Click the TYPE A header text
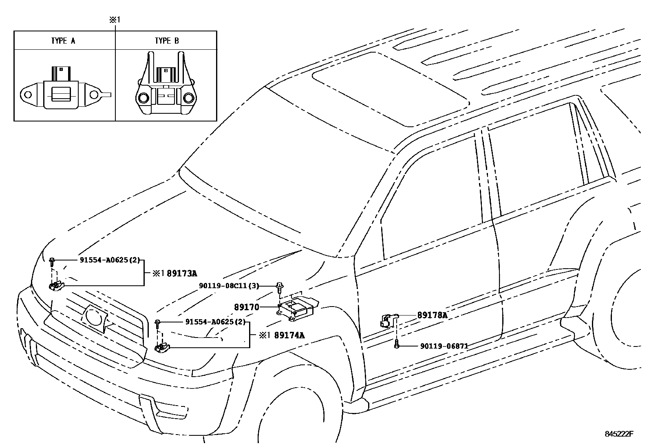pyautogui.click(x=63, y=41)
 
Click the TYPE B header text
pyautogui.click(x=166, y=41)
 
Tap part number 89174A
pyautogui.click(x=289, y=335)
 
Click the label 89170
pyautogui.click(x=246, y=307)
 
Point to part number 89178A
pyautogui.click(x=432, y=315)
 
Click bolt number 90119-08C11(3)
pyautogui.click(x=229, y=286)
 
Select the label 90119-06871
pyautogui.click(x=444, y=346)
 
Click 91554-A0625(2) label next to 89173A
pyautogui.click(x=110, y=260)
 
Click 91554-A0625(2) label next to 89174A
pyautogui.click(x=216, y=322)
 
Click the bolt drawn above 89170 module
pyautogui.click(x=280, y=287)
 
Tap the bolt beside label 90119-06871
pyautogui.click(x=396, y=345)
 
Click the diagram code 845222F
pyautogui.click(x=619, y=434)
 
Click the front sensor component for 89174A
pyautogui.click(x=162, y=348)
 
